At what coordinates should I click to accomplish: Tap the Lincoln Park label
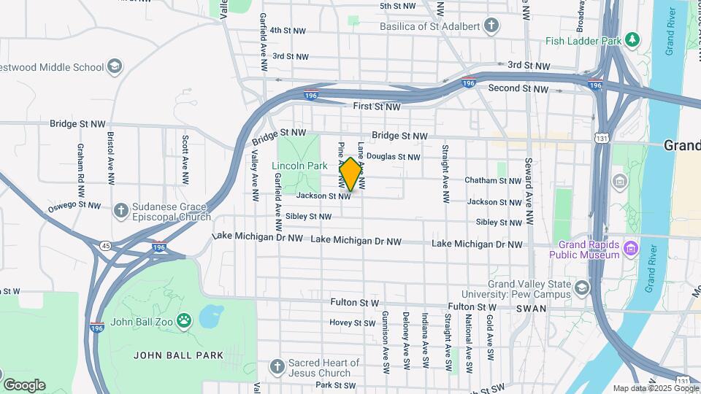click(x=299, y=166)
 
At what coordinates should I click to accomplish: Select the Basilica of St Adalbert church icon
click(x=492, y=26)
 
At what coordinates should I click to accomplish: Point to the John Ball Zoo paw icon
click(x=184, y=320)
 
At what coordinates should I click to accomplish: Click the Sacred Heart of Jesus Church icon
click(x=276, y=366)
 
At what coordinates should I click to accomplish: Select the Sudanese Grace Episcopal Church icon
click(x=121, y=210)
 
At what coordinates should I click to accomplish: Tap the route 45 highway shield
click(x=107, y=245)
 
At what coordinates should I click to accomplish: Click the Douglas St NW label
click(x=393, y=157)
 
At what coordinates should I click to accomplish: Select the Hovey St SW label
click(x=352, y=322)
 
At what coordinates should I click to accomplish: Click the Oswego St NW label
click(x=74, y=206)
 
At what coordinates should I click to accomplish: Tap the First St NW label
click(x=377, y=107)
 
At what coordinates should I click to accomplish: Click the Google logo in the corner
click(x=24, y=385)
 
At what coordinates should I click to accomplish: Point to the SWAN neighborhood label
click(x=531, y=309)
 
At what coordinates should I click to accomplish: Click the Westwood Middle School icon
click(x=114, y=67)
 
